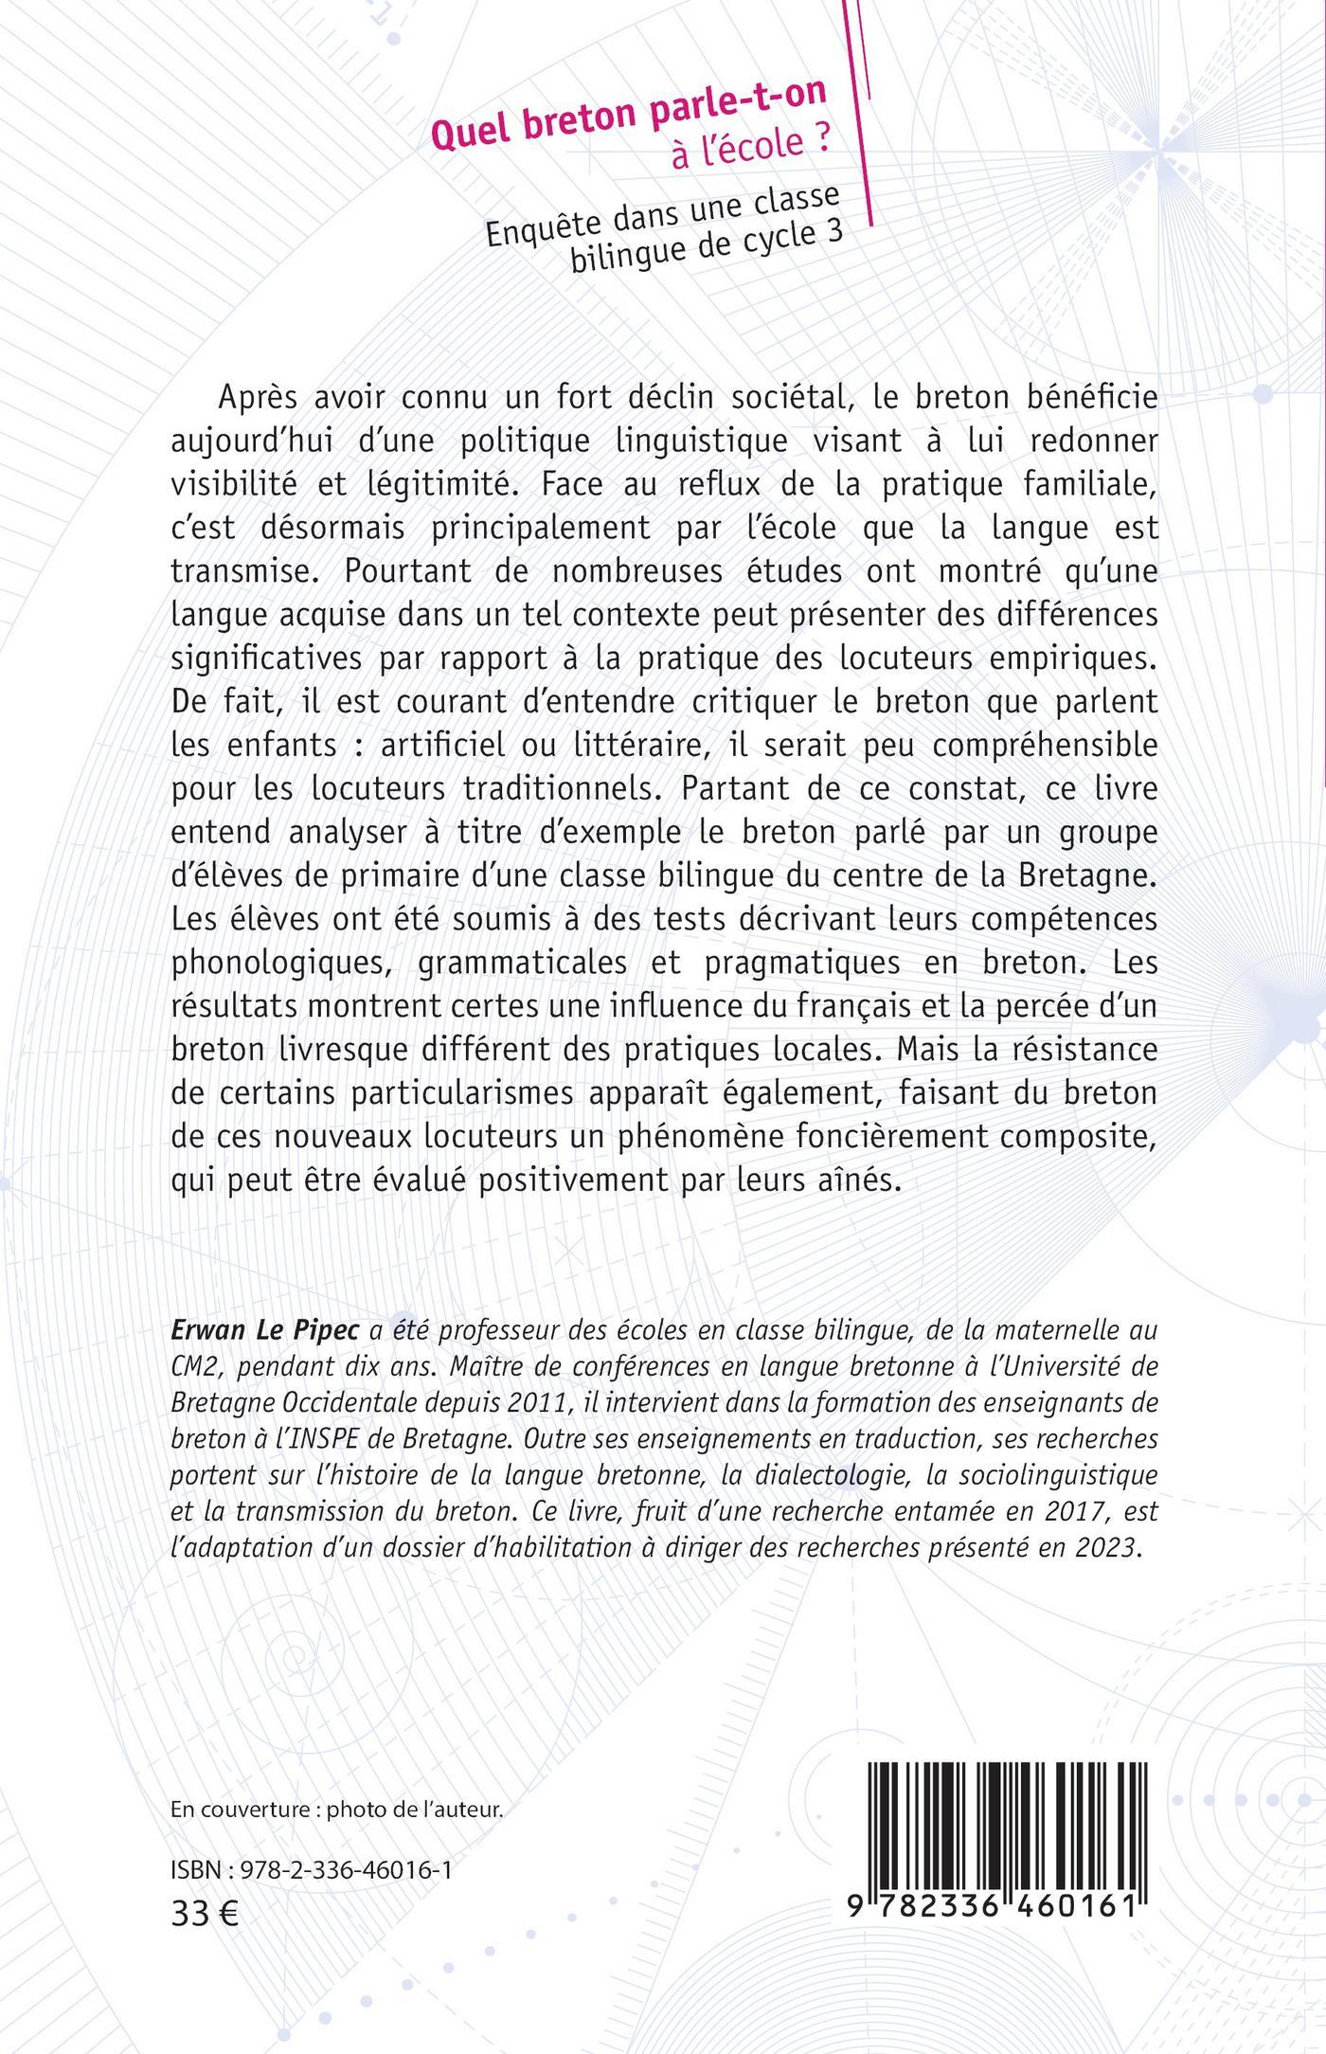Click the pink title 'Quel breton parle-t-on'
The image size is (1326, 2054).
click(x=628, y=113)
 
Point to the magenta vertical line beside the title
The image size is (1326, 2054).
click(x=863, y=114)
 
